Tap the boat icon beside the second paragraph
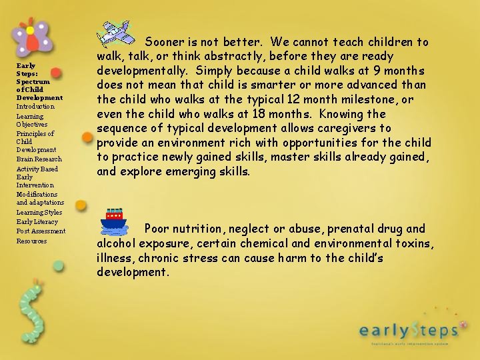click(114, 221)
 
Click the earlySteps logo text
click(409, 329)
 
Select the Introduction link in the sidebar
click(35, 107)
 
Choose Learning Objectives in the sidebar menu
click(32, 120)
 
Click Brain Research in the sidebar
click(39, 159)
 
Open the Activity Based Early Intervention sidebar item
click(37, 177)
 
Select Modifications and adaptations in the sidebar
click(40, 198)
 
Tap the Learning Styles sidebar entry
click(39, 213)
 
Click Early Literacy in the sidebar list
click(37, 222)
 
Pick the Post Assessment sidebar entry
click(41, 231)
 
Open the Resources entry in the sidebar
click(31, 241)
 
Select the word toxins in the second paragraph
click(414, 243)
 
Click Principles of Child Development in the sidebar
click(36, 141)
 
